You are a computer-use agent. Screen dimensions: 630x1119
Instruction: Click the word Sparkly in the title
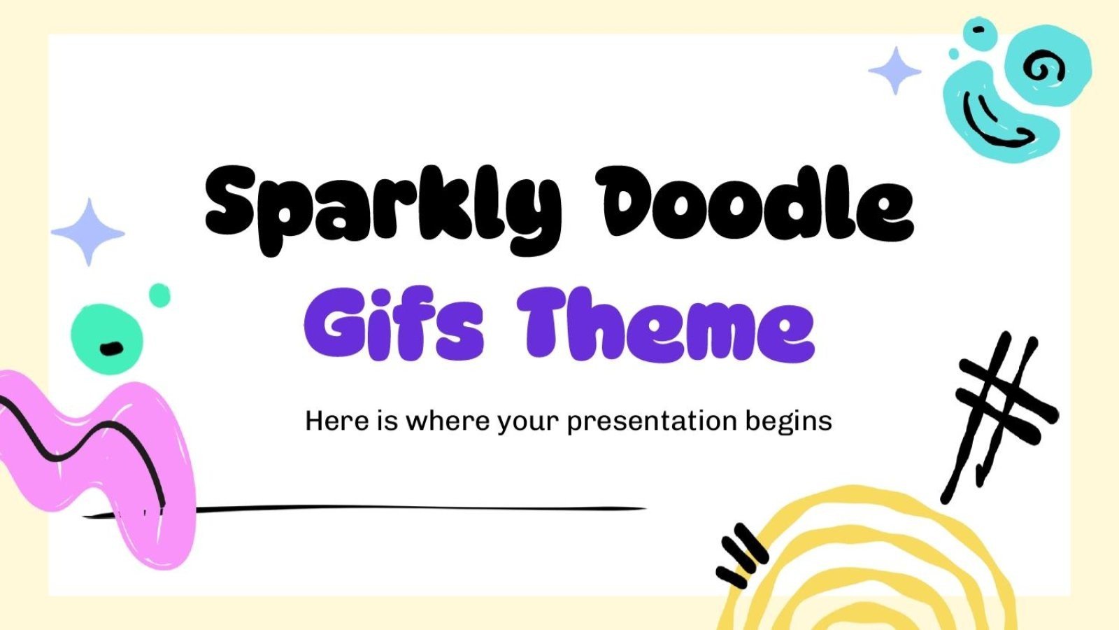[x=381, y=206]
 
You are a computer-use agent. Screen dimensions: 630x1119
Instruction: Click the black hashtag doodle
[x=1000, y=413]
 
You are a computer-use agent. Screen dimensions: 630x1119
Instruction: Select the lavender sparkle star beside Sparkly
[x=88, y=232]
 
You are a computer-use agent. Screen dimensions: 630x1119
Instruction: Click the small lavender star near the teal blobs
[x=895, y=71]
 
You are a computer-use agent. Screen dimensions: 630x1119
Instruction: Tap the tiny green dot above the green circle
[x=160, y=295]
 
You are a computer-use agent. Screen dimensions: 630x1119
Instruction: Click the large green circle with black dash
[x=107, y=339]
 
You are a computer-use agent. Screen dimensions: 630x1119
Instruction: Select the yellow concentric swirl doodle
[x=867, y=567]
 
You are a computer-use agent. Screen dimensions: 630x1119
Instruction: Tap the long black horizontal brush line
[x=420, y=509]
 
